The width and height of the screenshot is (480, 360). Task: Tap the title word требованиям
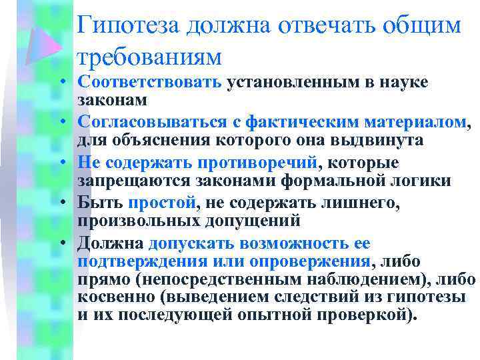point(149,57)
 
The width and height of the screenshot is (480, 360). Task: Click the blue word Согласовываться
point(155,123)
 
